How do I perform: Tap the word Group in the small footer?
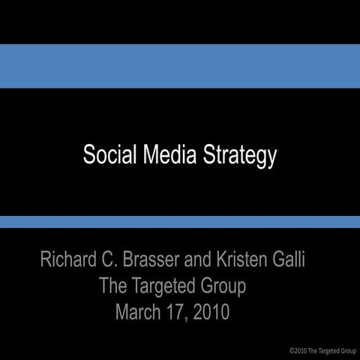tap(348, 350)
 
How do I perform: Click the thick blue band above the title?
tap(180, 66)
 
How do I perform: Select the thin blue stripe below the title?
tap(180, 222)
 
